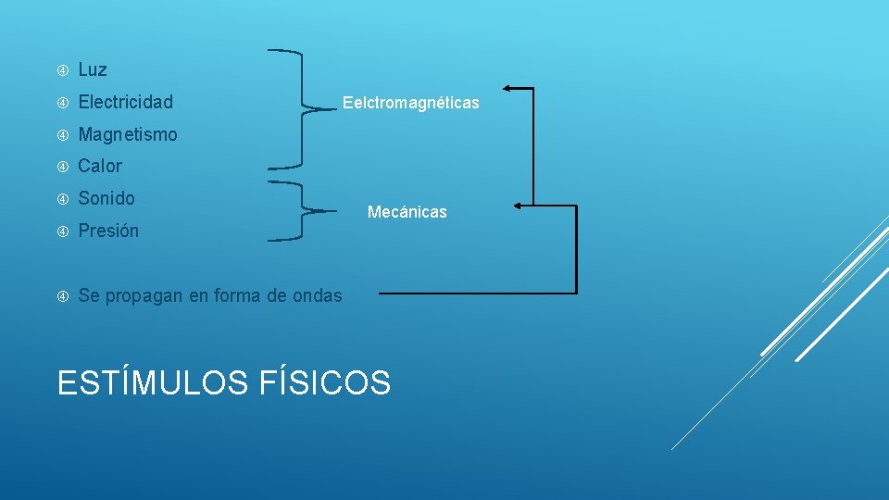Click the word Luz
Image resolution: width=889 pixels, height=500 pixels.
[93, 69]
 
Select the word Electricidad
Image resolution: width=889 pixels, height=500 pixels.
[125, 102]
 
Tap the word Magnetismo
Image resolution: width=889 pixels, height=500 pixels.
[128, 134]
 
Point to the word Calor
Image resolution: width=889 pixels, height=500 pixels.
[100, 167]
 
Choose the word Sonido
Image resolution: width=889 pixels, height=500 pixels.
[106, 198]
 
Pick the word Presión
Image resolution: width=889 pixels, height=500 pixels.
[108, 231]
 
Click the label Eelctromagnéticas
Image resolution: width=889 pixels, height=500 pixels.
[411, 103]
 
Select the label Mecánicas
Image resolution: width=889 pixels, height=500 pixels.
[407, 212]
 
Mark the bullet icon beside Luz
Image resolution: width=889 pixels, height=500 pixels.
[63, 70]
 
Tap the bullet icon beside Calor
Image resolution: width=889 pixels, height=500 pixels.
[63, 167]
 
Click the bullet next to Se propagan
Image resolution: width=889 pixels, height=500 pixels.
[63, 296]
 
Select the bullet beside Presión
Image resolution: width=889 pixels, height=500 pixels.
[63, 231]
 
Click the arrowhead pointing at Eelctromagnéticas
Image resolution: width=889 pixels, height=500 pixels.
[508, 88]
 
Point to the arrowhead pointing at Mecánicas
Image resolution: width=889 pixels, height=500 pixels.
[517, 205]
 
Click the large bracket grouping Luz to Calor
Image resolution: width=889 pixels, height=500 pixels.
[300, 109]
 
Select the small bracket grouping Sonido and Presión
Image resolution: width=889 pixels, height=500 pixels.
[302, 211]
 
